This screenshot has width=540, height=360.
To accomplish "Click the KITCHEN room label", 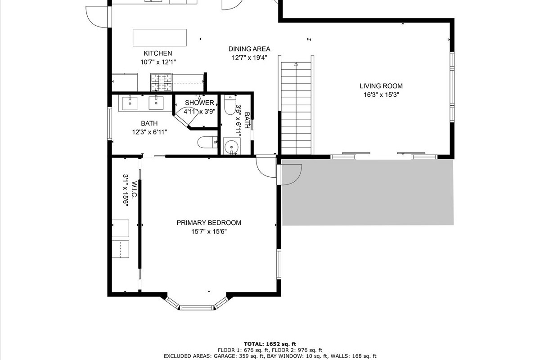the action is tap(158, 53).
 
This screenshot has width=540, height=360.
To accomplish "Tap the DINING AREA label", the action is tap(249, 49).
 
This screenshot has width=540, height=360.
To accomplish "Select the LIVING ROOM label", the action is tap(381, 86).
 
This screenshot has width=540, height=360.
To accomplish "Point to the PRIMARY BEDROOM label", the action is tap(209, 223).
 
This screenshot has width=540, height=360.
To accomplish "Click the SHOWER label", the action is tap(199, 103).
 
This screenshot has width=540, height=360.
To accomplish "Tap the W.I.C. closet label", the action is tap(134, 189).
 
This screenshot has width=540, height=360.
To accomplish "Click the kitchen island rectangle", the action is tap(160, 38).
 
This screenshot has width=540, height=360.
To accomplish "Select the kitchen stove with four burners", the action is tap(162, 82).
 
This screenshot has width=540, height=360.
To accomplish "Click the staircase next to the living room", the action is tap(296, 108).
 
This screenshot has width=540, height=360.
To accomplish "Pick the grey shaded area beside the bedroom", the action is tap(368, 193).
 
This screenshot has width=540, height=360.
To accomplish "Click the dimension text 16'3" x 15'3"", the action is tap(382, 95).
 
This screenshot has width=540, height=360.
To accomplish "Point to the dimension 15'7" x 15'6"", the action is tap(209, 231).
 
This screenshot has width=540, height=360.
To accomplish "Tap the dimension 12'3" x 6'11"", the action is tap(149, 132).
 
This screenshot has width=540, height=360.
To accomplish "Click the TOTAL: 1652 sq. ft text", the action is tap(270, 344).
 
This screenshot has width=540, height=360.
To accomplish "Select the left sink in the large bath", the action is tap(130, 103).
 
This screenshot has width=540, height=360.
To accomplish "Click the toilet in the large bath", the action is tap(207, 142).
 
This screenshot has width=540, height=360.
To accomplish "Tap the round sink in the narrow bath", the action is tap(232, 146).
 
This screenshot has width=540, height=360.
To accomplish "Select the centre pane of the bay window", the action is tap(197, 308).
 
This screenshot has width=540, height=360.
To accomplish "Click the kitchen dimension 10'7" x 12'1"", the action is tap(158, 62).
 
